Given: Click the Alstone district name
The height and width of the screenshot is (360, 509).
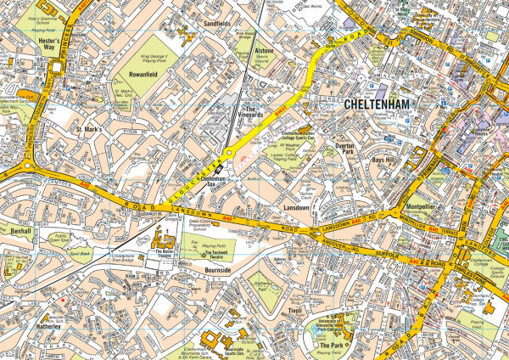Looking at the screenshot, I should pos(264,51).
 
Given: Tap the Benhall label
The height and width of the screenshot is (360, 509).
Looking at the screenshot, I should pos(20,230).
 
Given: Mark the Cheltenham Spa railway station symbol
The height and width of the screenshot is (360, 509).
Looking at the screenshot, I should pos(219,171).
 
